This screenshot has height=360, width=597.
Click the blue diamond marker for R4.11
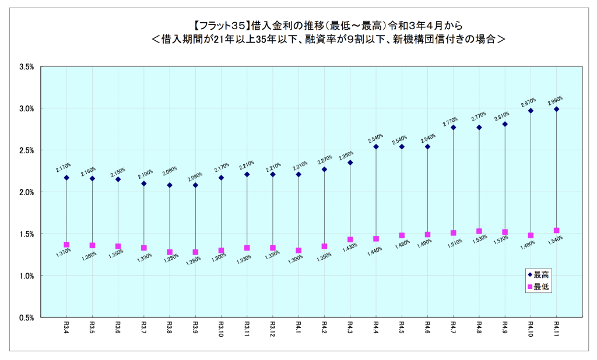(557, 109)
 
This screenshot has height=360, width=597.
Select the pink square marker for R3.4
(66, 245)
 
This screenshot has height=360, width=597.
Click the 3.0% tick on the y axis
(27, 109)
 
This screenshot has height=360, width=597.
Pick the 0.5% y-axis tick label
(27, 317)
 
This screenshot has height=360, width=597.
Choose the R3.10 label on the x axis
(221, 328)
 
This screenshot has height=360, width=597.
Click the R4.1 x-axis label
(298, 326)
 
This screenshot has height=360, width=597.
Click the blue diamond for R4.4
(376, 147)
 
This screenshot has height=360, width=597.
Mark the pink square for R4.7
(453, 233)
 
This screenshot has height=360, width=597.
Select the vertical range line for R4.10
(531, 175)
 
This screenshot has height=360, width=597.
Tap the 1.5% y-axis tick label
(27, 234)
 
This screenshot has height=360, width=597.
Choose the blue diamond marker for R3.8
(170, 185)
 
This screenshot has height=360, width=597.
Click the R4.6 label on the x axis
(427, 326)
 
